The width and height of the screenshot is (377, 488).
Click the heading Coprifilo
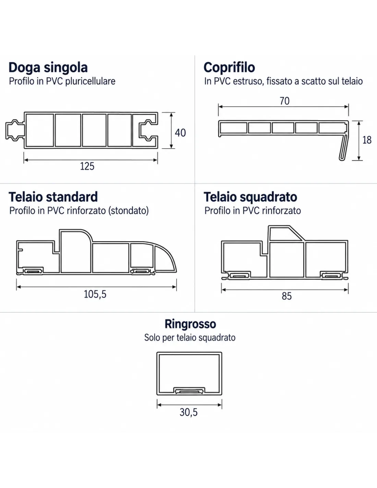[229, 67]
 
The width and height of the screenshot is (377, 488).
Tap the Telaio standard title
[53, 197]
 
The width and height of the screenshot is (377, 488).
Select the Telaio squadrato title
[250, 197]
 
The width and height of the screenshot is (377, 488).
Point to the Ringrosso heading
[191, 324]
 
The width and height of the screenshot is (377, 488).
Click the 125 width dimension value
[87, 166]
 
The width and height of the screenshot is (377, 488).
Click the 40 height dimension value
[180, 133]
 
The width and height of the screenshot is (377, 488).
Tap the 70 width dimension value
[284, 101]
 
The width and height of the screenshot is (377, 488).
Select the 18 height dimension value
[367, 140]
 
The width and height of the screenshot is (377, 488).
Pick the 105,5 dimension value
[95, 294]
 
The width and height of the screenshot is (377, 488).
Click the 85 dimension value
[287, 296]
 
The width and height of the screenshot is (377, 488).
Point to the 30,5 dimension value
[188, 412]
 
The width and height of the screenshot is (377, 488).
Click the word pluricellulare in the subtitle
[90, 81]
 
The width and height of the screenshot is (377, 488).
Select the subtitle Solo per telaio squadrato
[190, 338]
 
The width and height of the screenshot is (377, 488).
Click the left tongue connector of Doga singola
[15, 130]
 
